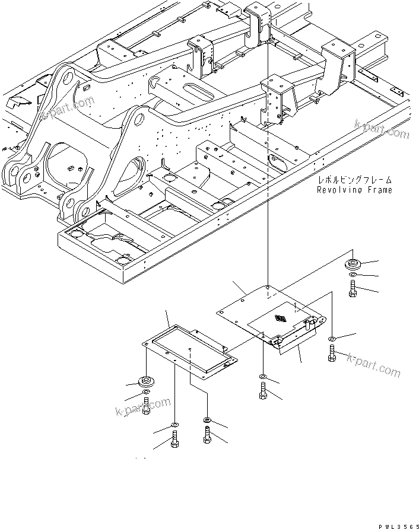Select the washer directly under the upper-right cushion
[353, 275]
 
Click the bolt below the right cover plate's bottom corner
[263, 392]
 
